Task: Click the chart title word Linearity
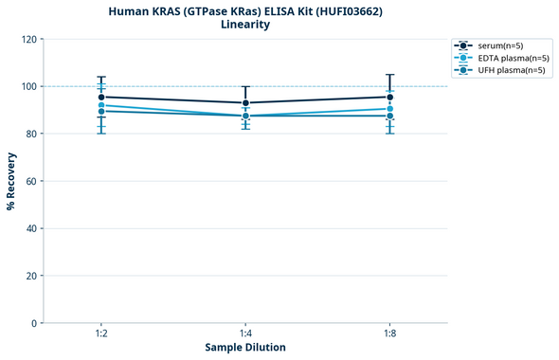(244, 25)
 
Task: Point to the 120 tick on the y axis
(29, 39)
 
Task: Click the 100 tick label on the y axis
(29, 86)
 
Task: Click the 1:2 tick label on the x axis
(101, 334)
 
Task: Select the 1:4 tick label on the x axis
(245, 334)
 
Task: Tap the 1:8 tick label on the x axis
(389, 334)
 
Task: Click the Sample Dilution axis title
(245, 348)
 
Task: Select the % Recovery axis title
(11, 181)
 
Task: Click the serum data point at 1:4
(245, 102)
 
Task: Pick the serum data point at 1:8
(389, 97)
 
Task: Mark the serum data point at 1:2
(101, 97)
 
